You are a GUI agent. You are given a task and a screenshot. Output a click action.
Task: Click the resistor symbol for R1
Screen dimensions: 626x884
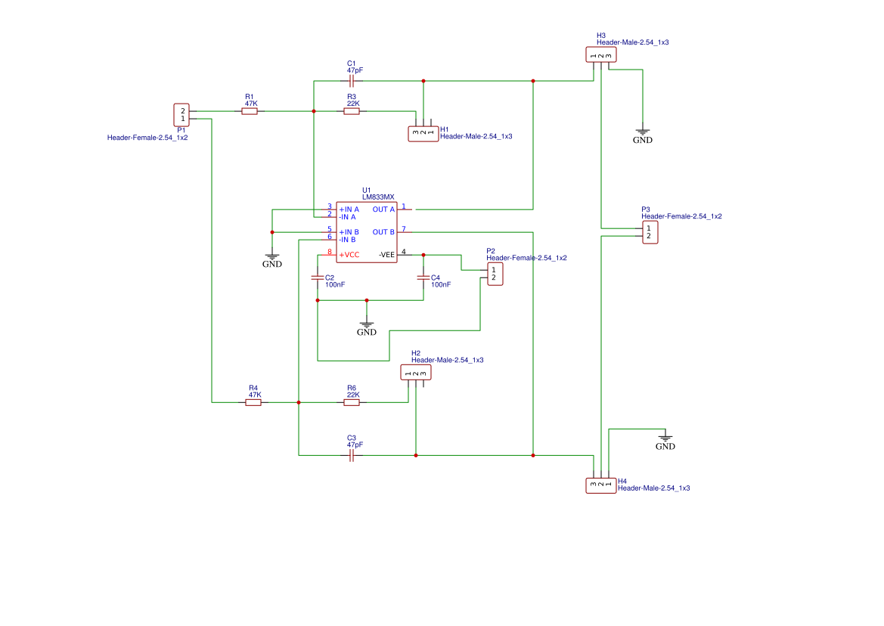[x=250, y=111]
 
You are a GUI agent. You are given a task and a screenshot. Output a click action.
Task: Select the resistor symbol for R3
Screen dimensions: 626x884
[x=352, y=111]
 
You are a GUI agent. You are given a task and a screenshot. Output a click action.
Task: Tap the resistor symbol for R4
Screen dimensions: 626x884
[x=253, y=402]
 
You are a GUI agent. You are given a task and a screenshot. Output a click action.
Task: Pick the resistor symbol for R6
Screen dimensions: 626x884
[x=352, y=402]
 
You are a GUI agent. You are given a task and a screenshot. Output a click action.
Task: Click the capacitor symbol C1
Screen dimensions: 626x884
[x=352, y=81]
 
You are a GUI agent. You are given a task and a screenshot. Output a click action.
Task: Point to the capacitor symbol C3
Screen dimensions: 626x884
[x=352, y=455]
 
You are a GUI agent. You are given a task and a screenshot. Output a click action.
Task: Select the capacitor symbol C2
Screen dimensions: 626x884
[x=318, y=277]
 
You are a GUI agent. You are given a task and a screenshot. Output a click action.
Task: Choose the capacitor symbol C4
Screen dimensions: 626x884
[x=423, y=277]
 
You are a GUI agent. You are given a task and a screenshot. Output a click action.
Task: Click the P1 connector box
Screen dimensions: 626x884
[x=181, y=115]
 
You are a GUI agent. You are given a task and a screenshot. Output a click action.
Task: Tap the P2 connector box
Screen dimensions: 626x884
[x=494, y=274]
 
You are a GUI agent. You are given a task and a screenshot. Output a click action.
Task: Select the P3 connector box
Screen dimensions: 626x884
[x=650, y=232]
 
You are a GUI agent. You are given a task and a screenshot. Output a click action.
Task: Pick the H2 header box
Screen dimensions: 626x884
[x=416, y=372]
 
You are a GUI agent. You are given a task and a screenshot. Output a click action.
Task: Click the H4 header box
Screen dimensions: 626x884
[x=600, y=485]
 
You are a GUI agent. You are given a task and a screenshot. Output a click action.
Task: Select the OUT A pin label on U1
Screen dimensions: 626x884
[x=383, y=209]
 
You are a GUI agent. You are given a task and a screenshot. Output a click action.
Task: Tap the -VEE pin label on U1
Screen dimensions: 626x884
[x=386, y=255]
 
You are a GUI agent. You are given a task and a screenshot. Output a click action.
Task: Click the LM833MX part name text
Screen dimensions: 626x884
[x=378, y=197]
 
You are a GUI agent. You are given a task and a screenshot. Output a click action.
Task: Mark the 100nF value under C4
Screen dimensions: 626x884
[x=441, y=285]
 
